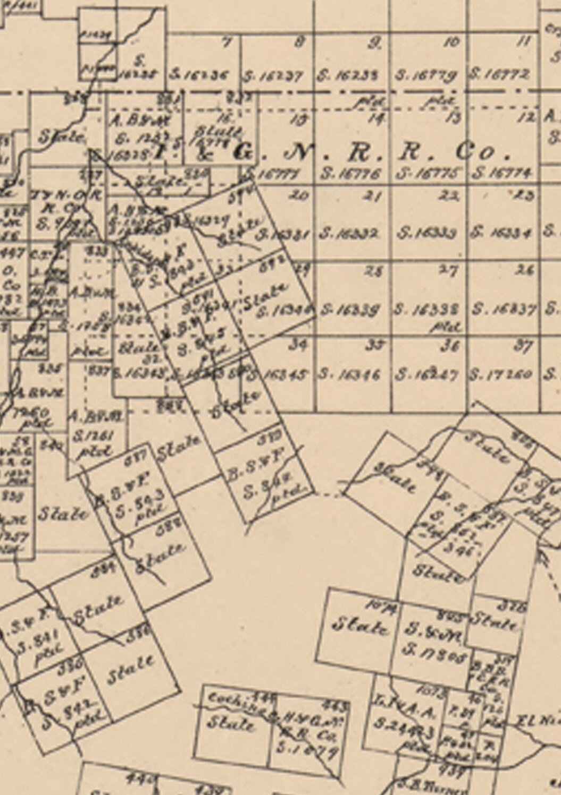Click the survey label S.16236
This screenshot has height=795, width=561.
[199, 75]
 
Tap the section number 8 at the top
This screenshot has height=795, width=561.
[301, 41]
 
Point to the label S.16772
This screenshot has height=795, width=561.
[499, 75]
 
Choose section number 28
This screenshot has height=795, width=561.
[375, 271]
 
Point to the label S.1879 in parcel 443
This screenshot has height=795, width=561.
[307, 750]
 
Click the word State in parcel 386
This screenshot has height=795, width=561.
[131, 671]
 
